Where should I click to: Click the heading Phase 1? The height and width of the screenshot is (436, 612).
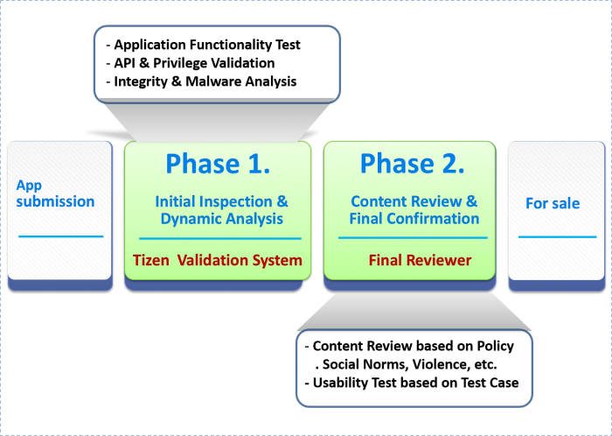click(x=218, y=164)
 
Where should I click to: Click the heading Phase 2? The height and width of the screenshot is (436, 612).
click(x=412, y=164)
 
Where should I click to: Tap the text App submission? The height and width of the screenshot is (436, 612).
click(x=55, y=193)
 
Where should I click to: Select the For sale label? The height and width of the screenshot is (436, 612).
click(x=552, y=203)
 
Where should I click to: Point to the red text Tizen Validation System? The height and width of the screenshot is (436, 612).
click(x=218, y=260)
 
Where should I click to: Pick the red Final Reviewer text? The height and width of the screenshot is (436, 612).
click(x=420, y=260)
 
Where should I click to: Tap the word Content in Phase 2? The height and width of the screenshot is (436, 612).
click(x=378, y=201)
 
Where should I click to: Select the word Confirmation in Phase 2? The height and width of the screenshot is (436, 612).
click(x=433, y=219)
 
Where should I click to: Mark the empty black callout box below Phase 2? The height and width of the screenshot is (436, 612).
click(x=414, y=368)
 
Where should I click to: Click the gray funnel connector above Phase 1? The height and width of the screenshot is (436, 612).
click(x=217, y=120)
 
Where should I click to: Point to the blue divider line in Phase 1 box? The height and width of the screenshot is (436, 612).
click(x=219, y=238)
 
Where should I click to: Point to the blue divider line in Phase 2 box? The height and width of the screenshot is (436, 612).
click(x=413, y=237)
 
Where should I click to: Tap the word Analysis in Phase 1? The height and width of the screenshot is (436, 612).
click(x=254, y=219)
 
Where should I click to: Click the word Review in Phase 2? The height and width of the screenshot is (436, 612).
click(x=442, y=201)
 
